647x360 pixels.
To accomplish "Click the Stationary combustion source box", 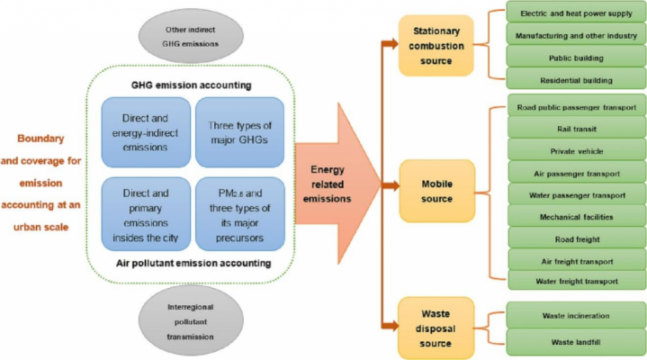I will point(436,45).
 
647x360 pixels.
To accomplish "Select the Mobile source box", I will point(436,185).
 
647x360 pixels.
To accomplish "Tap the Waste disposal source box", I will point(436,326).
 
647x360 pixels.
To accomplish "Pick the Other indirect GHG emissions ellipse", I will point(188,37).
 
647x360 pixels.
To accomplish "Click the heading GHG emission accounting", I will point(189,85).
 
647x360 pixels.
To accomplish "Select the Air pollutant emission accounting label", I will point(189,263).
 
